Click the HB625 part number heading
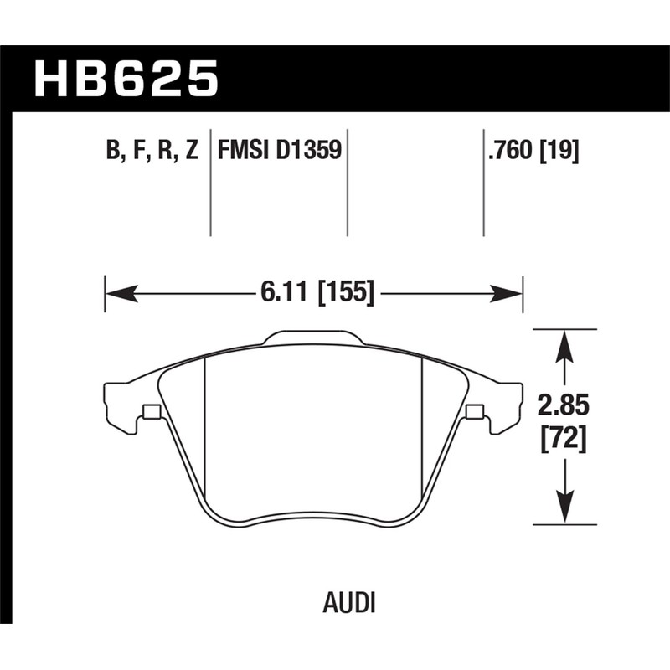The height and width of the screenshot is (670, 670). point(126,80)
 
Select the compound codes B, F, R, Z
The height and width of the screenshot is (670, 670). point(152,151)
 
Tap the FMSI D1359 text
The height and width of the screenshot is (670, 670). point(278,151)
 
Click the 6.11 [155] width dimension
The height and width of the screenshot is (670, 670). point(316,293)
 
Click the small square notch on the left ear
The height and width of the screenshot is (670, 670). point(152,411)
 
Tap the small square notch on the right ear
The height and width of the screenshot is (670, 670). point(475,411)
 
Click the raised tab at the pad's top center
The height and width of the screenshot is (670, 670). point(314,338)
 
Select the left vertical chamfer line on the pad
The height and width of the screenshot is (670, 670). point(206,427)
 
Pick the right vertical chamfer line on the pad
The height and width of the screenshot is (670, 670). point(421,427)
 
